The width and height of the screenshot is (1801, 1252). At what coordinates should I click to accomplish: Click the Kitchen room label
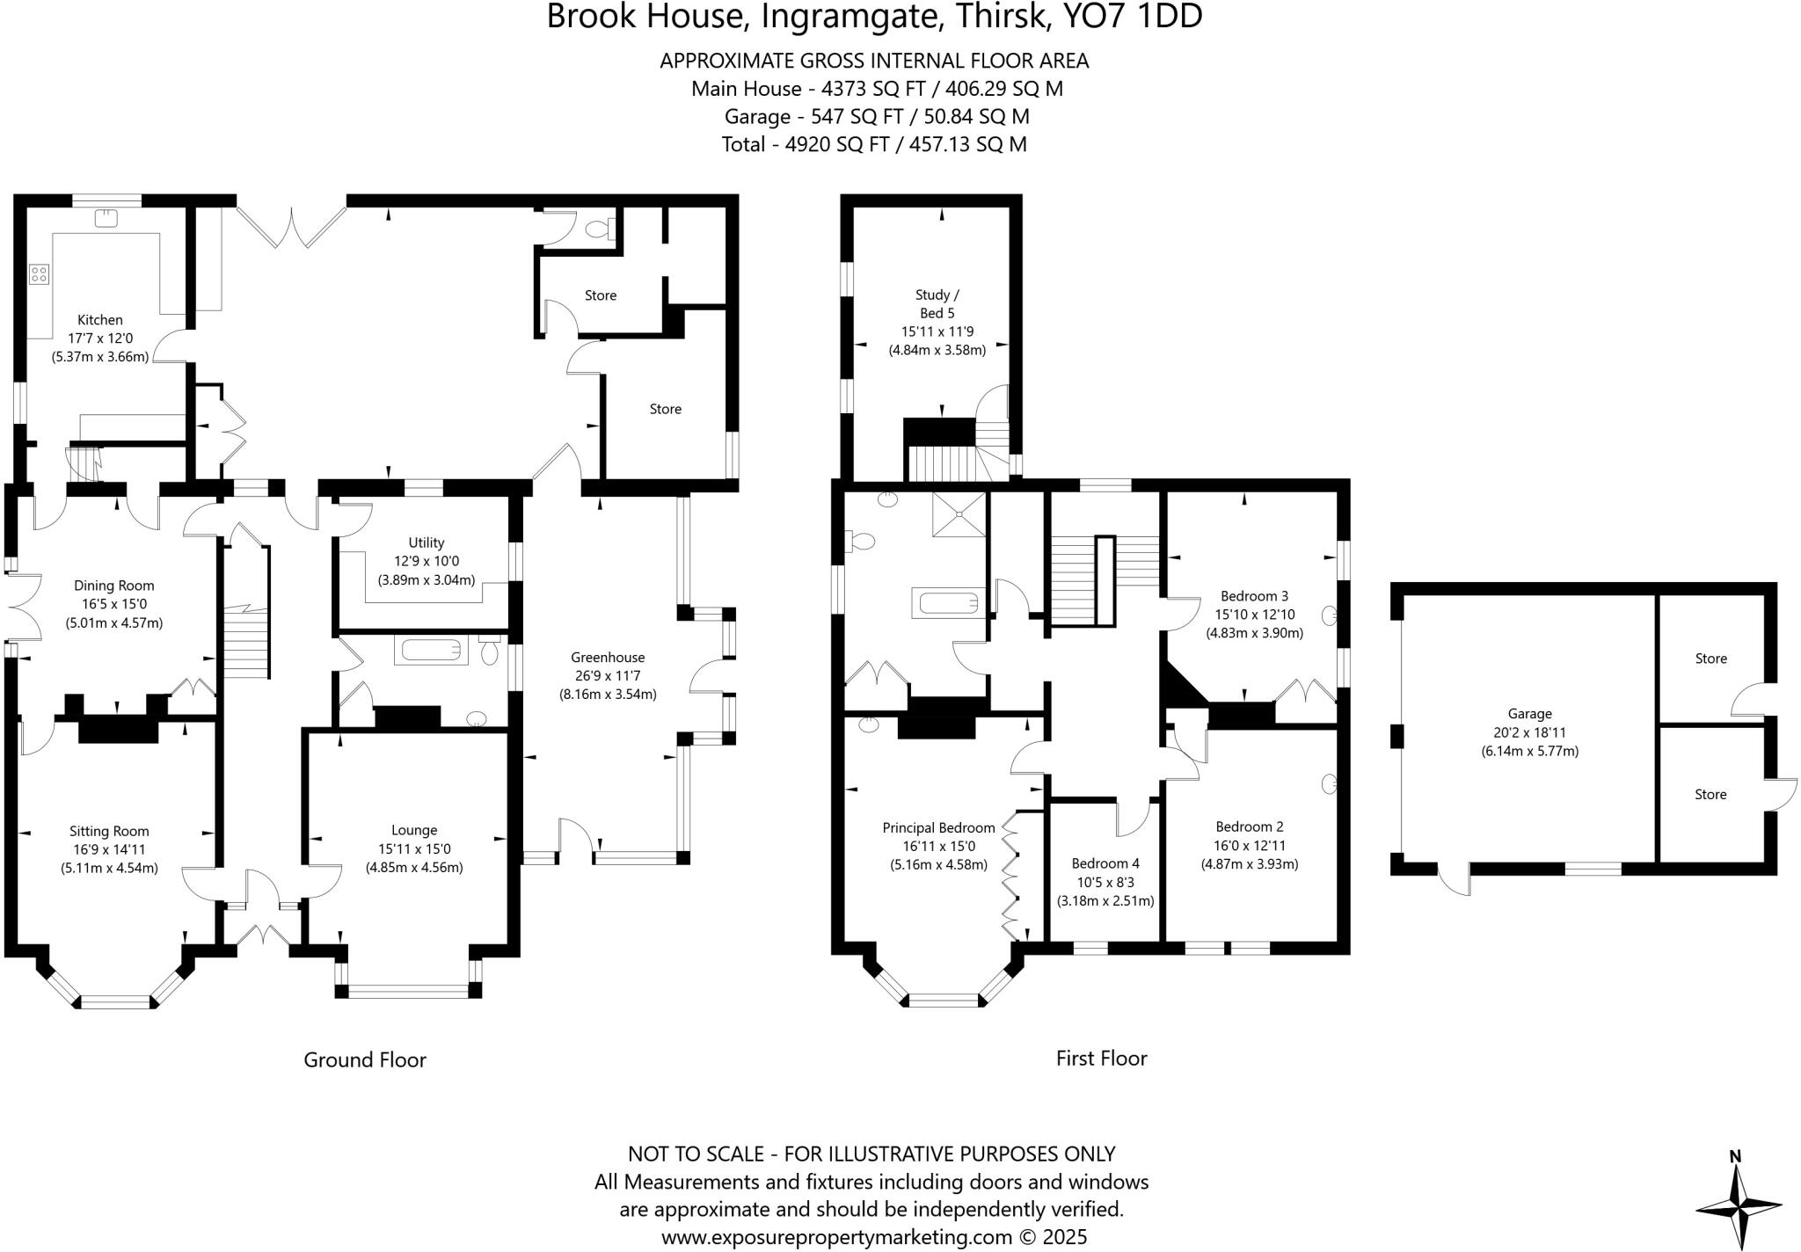click(100, 320)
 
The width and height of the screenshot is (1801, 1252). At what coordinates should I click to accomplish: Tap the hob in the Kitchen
click(39, 274)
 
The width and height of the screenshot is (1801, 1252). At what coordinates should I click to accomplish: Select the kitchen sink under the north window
click(106, 216)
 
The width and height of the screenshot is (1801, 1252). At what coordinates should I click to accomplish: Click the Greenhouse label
click(608, 657)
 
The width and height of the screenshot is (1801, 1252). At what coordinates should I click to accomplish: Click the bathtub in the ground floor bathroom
click(430, 651)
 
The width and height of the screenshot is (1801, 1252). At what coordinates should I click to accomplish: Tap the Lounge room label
click(414, 830)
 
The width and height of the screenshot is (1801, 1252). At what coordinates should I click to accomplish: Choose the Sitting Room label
click(109, 831)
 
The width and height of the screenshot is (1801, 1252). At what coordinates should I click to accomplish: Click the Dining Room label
click(114, 586)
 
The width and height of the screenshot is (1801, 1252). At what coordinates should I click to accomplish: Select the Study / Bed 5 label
click(937, 303)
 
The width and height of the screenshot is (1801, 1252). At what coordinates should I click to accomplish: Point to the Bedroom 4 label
click(1105, 863)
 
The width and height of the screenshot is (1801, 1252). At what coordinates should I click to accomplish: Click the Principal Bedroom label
click(938, 827)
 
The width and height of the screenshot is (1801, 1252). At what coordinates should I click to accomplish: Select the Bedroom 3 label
click(1254, 596)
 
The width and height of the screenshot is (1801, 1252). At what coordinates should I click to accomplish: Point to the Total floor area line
click(874, 144)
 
